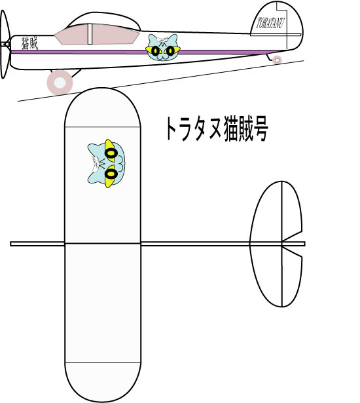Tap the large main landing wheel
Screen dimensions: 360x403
(60, 83)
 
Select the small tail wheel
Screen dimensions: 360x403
(277, 60)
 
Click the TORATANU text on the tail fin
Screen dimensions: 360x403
(270, 23)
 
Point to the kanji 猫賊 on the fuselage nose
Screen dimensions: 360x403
(29, 43)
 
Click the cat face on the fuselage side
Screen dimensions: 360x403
(163, 47)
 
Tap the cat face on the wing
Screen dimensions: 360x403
(106, 163)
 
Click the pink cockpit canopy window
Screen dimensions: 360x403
(98, 34)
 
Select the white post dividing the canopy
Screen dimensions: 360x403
(90, 34)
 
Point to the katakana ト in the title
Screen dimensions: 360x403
(173, 128)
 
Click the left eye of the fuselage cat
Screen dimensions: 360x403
(155, 51)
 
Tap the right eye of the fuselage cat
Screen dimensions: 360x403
(170, 51)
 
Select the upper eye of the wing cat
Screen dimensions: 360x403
(111, 154)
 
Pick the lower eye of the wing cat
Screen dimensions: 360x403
(111, 174)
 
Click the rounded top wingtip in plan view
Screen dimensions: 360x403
(103, 107)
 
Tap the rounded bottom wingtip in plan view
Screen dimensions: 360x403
(103, 382)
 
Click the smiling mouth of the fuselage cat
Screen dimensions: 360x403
(162, 58)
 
